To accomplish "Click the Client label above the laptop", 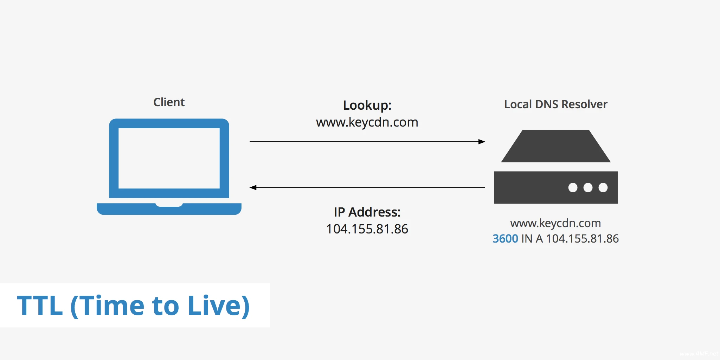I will tap(169, 102).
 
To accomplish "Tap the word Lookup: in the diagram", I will tap(367, 105).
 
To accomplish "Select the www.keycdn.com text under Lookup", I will tap(367, 122).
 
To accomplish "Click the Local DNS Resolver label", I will tap(555, 104).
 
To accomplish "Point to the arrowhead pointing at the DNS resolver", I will tap(482, 142).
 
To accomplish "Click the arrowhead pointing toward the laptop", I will tap(253, 187).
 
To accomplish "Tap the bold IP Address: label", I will tap(367, 212).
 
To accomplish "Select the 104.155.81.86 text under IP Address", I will tap(367, 229).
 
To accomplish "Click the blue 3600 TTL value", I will tap(505, 239).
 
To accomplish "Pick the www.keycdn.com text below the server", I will tap(555, 223).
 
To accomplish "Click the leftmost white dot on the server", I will tap(573, 187).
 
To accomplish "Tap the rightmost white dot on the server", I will tap(603, 187).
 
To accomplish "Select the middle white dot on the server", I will tap(588, 187).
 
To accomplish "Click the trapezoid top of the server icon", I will tap(555, 146).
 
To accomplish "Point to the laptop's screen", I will tap(169, 158).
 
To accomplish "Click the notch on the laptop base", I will tap(169, 205).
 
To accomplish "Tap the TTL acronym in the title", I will tap(40, 306).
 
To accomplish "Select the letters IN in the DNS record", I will tap(527, 239).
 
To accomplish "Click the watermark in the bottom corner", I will tap(699, 354).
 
